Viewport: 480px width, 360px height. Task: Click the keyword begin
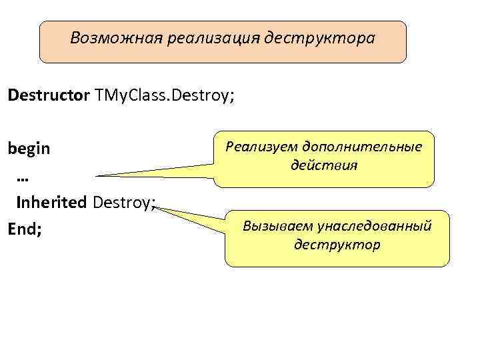[x=29, y=148]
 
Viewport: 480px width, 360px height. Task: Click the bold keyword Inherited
[x=52, y=201]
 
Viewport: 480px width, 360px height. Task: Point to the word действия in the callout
[x=324, y=164]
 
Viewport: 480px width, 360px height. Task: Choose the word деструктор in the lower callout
[x=337, y=245]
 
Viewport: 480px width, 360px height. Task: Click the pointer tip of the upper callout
[x=97, y=175]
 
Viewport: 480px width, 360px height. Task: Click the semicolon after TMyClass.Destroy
[x=231, y=96]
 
